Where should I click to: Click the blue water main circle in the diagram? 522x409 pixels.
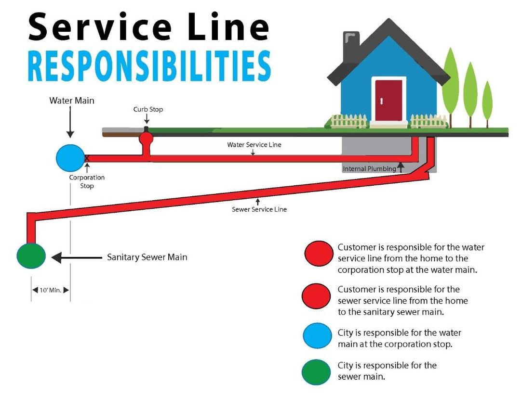(x=70, y=158)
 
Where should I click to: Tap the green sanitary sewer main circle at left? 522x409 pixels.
(x=31, y=256)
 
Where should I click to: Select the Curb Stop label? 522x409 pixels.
(x=148, y=109)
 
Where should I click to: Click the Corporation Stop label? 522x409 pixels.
(x=87, y=181)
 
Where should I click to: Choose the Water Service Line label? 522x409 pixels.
(x=254, y=144)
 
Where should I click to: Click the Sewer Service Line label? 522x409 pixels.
(x=259, y=209)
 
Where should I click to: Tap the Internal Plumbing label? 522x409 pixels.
(x=369, y=169)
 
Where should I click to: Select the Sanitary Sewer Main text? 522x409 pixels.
(x=147, y=257)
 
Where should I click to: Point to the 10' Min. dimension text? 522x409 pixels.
(x=51, y=290)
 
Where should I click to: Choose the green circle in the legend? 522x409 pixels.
(x=317, y=371)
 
